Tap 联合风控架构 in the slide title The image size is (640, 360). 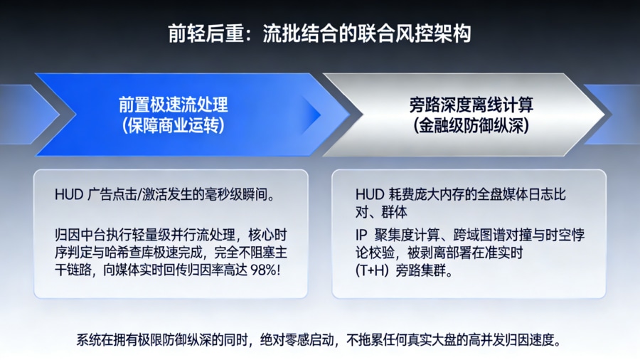coord(423,33)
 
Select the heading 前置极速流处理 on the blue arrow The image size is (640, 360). coord(173,105)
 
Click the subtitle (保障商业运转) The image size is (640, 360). coord(173,126)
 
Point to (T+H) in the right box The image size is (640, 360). coord(373,271)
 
